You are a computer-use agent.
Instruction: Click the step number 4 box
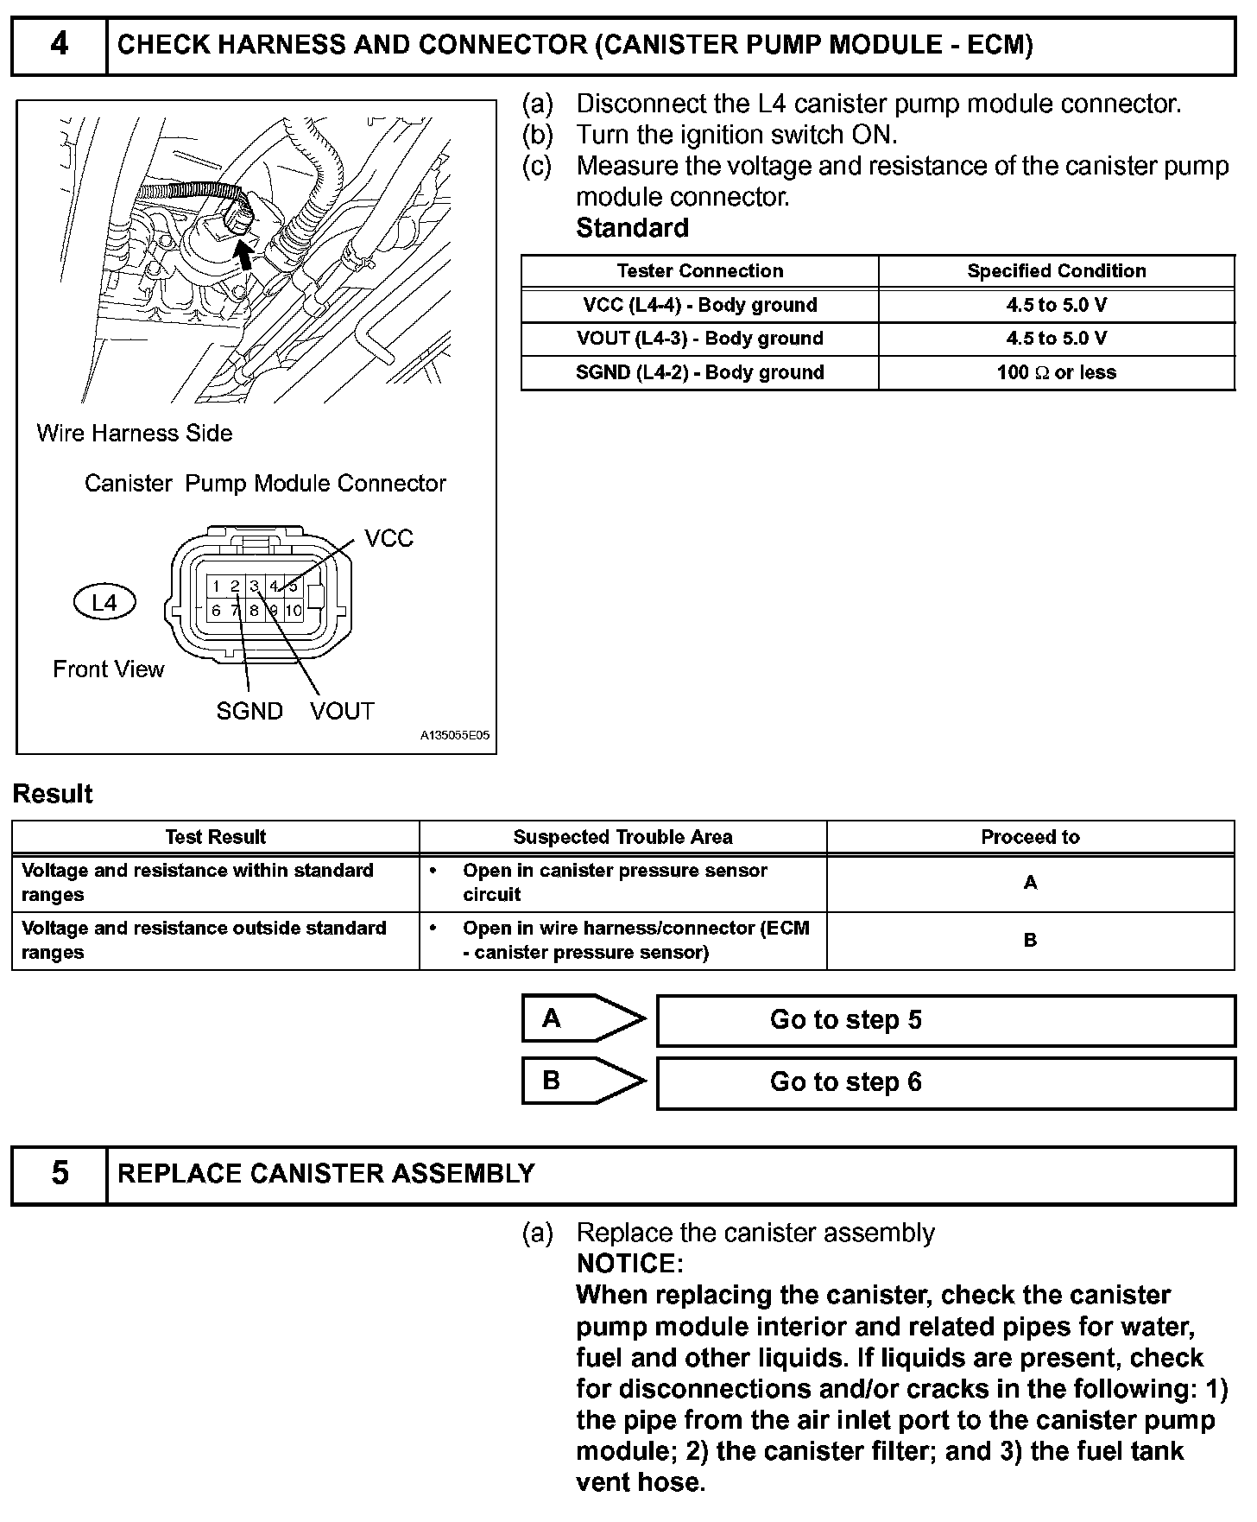pyautogui.click(x=59, y=45)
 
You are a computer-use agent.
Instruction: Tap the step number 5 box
pyautogui.click(x=59, y=1174)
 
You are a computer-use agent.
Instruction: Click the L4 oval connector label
pyautogui.click(x=104, y=602)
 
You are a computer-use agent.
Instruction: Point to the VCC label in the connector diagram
pyautogui.click(x=388, y=539)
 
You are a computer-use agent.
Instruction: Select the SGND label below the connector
pyautogui.click(x=250, y=711)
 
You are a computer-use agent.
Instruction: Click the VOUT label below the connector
pyautogui.click(x=342, y=711)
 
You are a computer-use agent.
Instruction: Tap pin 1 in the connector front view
pyautogui.click(x=216, y=587)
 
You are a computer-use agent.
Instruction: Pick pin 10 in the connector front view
pyautogui.click(x=294, y=611)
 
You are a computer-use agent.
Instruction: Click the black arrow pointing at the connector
pyautogui.click(x=247, y=255)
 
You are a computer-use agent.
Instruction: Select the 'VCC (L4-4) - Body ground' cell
pyautogui.click(x=699, y=305)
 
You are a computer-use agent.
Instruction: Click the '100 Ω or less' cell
pyautogui.click(x=1056, y=372)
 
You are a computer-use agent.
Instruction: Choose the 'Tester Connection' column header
pyautogui.click(x=699, y=271)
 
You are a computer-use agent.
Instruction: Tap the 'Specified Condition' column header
pyautogui.click(x=1056, y=271)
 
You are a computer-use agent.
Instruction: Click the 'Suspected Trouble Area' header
pyautogui.click(x=622, y=837)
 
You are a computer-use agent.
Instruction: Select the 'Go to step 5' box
pyautogui.click(x=945, y=1020)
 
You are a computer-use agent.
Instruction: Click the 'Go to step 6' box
pyautogui.click(x=945, y=1082)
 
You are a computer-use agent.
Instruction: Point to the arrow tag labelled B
pyautogui.click(x=583, y=1081)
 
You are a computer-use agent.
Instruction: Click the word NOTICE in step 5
pyautogui.click(x=629, y=1264)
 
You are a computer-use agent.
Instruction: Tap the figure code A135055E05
pyautogui.click(x=454, y=736)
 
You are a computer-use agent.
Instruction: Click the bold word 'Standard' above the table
pyautogui.click(x=632, y=228)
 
